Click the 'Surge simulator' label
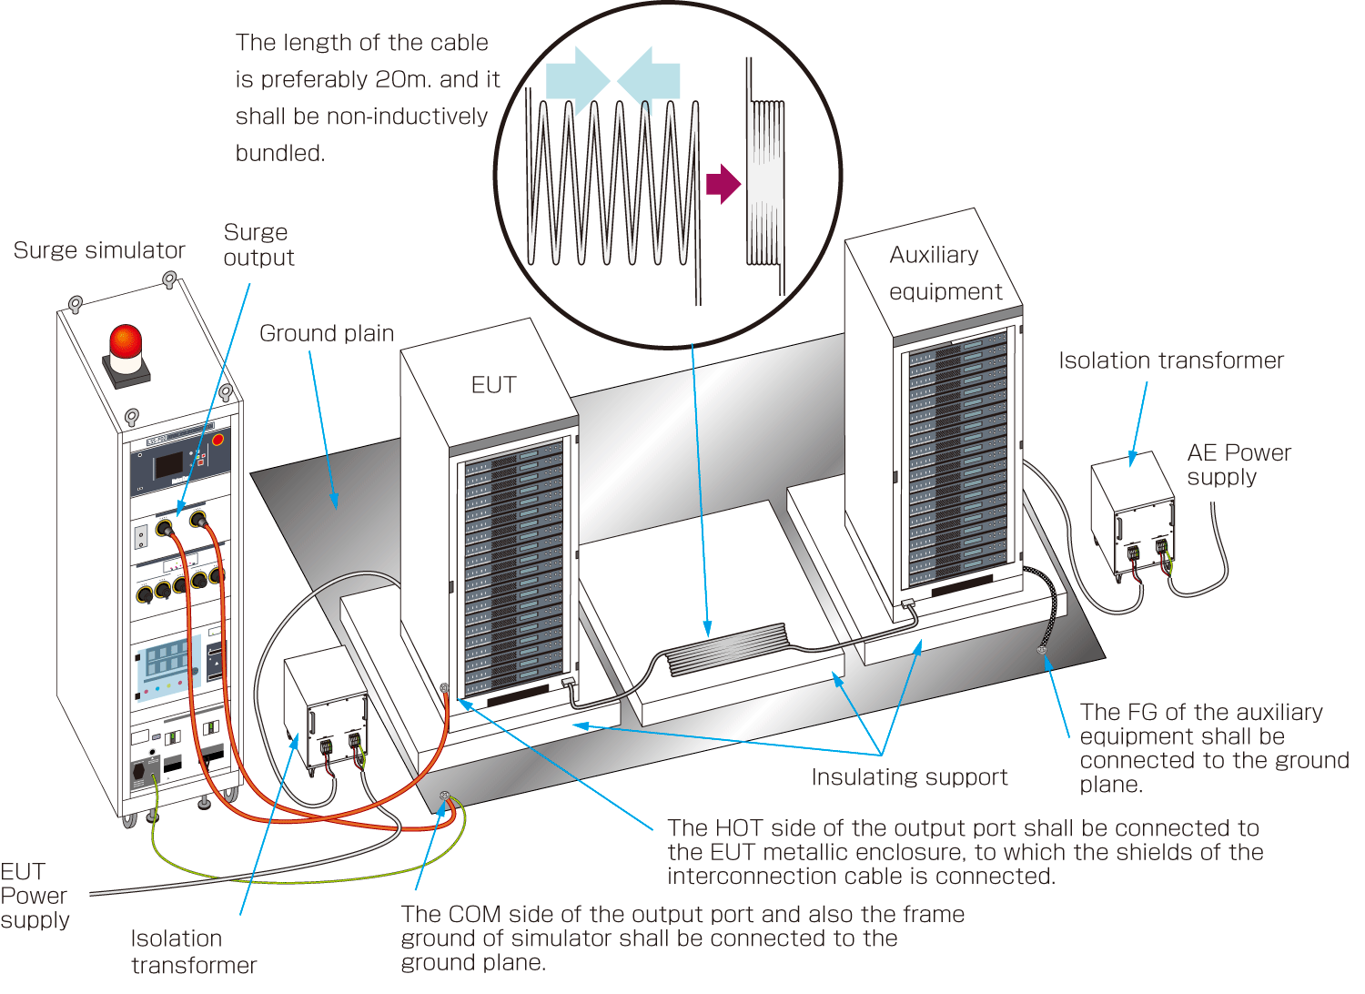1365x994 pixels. tap(99, 250)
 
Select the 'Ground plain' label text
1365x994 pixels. tap(327, 333)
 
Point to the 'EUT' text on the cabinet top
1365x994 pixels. tap(493, 385)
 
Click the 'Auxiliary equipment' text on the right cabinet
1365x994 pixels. tap(945, 273)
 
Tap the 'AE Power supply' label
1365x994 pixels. tap(1238, 464)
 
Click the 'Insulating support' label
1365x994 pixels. tap(909, 776)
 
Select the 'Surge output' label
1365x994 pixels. tap(258, 245)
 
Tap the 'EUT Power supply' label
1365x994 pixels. tap(35, 896)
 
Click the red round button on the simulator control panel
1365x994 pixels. tap(217, 440)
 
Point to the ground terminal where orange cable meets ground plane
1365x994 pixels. tap(444, 796)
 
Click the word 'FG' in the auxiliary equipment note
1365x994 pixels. tap(1142, 712)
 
